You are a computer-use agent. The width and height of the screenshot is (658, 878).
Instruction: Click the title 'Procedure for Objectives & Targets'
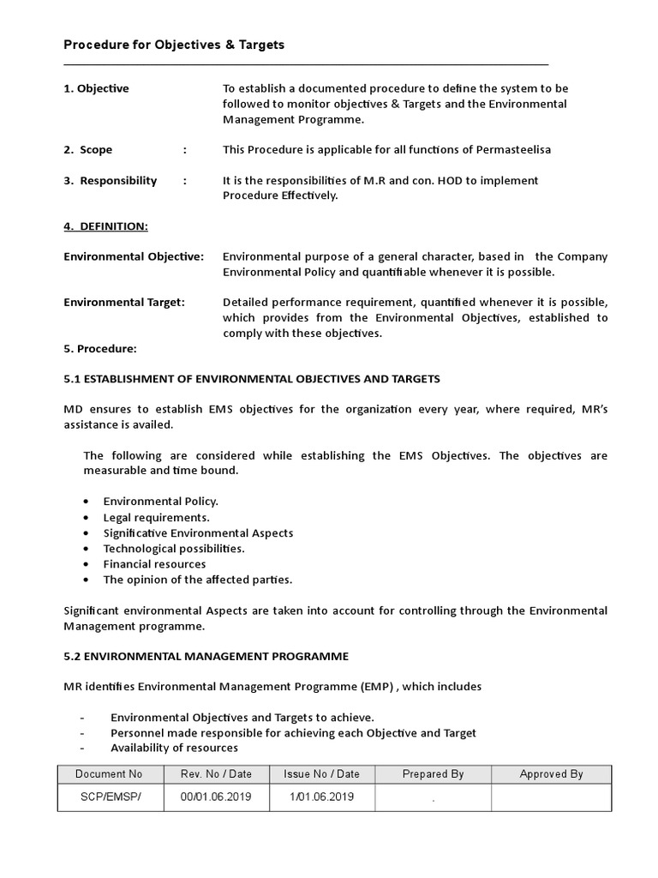point(174,45)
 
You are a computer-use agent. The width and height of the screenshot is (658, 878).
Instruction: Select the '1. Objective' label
point(96,88)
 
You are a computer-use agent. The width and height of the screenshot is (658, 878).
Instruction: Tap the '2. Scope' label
point(88,149)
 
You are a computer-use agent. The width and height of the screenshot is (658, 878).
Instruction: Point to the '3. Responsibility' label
point(111,180)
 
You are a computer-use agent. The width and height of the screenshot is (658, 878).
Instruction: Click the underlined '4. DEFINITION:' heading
point(105,226)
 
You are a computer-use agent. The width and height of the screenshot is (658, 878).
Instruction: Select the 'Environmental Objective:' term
point(134,256)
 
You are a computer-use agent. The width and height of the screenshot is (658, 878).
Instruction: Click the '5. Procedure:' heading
point(100,348)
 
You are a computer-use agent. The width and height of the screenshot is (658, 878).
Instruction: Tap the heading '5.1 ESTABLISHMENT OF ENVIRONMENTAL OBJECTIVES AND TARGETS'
point(252,378)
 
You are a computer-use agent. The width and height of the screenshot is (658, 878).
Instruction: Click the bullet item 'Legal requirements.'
point(156,517)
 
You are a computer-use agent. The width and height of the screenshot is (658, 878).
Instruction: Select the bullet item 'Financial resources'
point(154,563)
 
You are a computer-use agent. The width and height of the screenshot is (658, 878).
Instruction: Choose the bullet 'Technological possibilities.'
point(174,548)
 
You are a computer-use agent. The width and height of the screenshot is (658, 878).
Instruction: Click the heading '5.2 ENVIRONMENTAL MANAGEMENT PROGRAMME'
point(206,656)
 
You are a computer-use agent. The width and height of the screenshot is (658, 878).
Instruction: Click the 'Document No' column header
point(109,773)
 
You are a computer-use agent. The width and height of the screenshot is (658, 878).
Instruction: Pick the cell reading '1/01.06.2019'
point(321,797)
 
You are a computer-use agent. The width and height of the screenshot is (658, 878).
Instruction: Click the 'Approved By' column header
point(551,773)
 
